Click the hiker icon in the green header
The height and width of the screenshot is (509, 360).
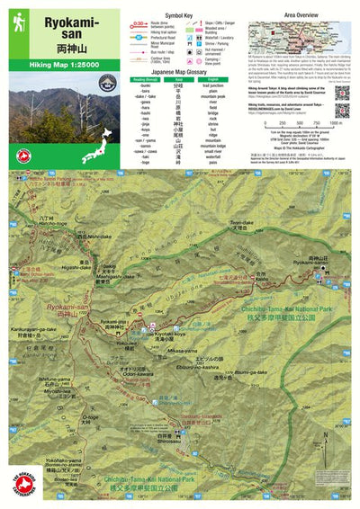pos(19,21)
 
